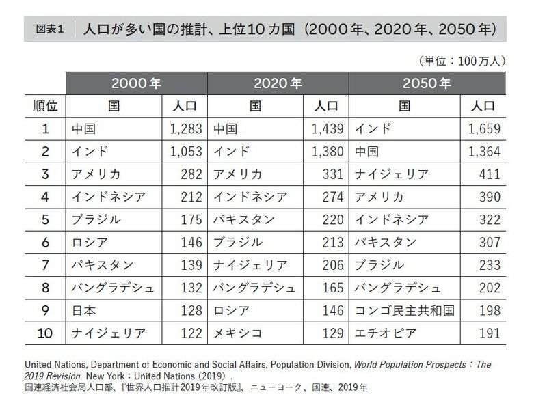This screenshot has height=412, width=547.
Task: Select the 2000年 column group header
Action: (136, 84)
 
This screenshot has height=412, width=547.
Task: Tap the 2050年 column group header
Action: (427, 84)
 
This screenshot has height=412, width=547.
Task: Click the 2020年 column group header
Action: (278, 84)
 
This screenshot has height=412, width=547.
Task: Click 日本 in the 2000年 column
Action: (85, 311)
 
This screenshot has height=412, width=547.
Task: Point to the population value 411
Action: (490, 174)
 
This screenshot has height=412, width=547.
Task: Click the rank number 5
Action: (45, 219)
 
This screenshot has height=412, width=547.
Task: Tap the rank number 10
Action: (45, 333)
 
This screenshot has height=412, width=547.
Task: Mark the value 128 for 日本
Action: (191, 311)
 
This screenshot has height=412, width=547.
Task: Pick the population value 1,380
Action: (327, 151)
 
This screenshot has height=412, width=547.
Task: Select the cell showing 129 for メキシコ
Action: (332, 333)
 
